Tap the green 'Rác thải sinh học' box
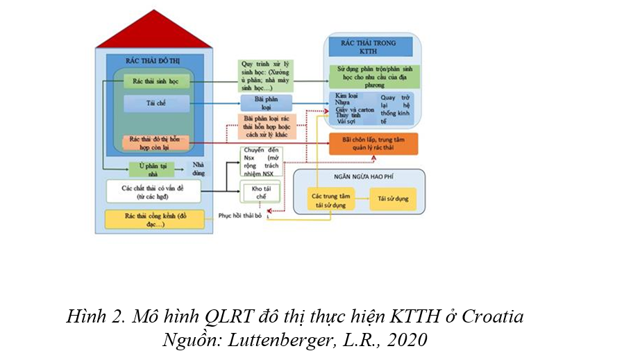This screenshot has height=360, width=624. (156, 82)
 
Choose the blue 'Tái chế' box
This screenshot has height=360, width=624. (156, 104)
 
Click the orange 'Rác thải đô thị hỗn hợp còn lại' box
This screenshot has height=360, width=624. (156, 143)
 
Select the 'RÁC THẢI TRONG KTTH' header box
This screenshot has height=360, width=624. (377, 46)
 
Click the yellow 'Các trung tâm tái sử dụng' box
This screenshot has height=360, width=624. (330, 199)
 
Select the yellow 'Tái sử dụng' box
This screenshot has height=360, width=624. (392, 199)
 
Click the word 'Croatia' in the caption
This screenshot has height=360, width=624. (492, 318)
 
